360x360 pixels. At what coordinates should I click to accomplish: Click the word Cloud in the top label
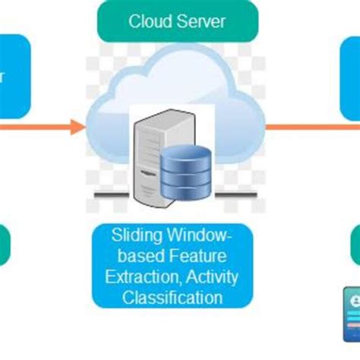[148, 21]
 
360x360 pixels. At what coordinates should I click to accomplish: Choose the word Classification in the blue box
[176, 297]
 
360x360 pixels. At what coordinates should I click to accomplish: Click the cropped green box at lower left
[5, 245]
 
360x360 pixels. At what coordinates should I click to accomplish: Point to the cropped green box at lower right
[355, 245]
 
